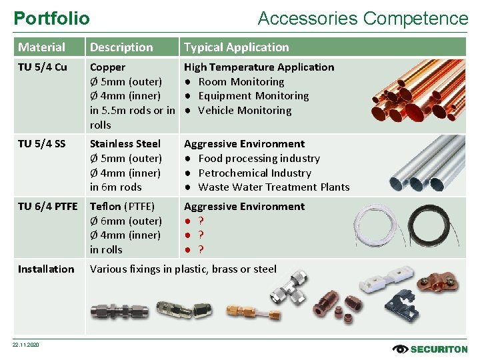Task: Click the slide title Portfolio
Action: pyautogui.click(x=51, y=18)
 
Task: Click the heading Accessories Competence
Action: pyautogui.click(x=363, y=18)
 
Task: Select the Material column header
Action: pyautogui.click(x=41, y=47)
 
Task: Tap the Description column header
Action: pyautogui.click(x=121, y=47)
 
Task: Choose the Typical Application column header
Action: pyautogui.click(x=236, y=47)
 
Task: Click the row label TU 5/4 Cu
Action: pyautogui.click(x=42, y=67)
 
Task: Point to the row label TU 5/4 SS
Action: pyautogui.click(x=41, y=144)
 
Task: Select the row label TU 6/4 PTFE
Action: pyautogui.click(x=47, y=207)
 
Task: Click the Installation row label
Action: pyautogui.click(x=46, y=269)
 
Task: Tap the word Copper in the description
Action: pyautogui.click(x=107, y=67)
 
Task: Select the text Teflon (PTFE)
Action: pyautogui.click(x=122, y=207)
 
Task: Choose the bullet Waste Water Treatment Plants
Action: pyautogui.click(x=273, y=187)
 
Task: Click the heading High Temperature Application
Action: pyautogui.click(x=259, y=67)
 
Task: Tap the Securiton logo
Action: pyautogui.click(x=431, y=349)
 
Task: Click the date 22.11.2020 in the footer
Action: pyautogui.click(x=26, y=345)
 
